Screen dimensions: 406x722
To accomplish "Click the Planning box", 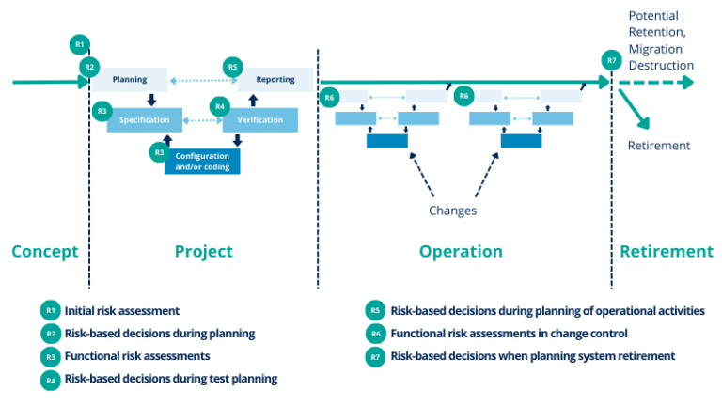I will pyautogui.click(x=130, y=80).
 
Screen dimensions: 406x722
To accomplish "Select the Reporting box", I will pyautogui.click(x=275, y=80).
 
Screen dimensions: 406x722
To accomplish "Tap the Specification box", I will pyautogui.click(x=144, y=120).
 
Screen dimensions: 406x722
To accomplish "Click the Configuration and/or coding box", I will pyautogui.click(x=202, y=160).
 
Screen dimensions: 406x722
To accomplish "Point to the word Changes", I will pyautogui.click(x=452, y=210).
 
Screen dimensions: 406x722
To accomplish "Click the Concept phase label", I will pyautogui.click(x=44, y=252).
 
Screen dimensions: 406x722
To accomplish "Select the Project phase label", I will pyautogui.click(x=203, y=252).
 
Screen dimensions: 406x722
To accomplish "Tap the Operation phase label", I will pyautogui.click(x=461, y=252).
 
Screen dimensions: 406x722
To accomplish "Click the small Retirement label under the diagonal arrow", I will pyautogui.click(x=659, y=146).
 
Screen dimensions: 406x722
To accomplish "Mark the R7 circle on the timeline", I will pyautogui.click(x=612, y=62).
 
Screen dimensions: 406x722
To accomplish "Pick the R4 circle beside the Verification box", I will pyautogui.click(x=219, y=106).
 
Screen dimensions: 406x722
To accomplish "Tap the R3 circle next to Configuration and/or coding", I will pyautogui.click(x=159, y=151).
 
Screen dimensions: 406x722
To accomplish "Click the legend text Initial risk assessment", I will pyautogui.click(x=122, y=310).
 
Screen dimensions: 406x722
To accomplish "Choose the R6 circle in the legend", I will pyautogui.click(x=374, y=333).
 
